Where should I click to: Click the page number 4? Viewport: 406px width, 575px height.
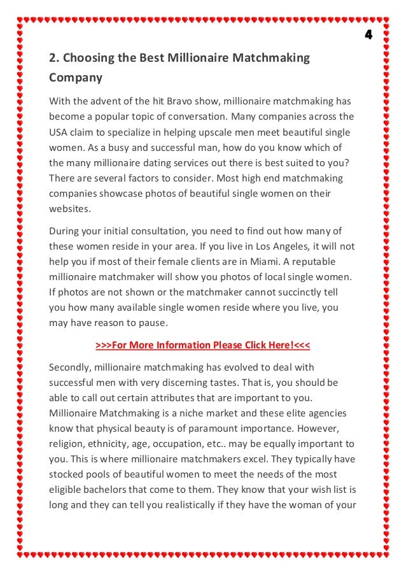click(368, 34)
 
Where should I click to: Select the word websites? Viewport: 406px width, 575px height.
click(70, 208)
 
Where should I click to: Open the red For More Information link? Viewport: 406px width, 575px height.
click(203, 345)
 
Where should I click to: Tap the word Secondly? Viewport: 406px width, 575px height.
click(71, 367)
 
